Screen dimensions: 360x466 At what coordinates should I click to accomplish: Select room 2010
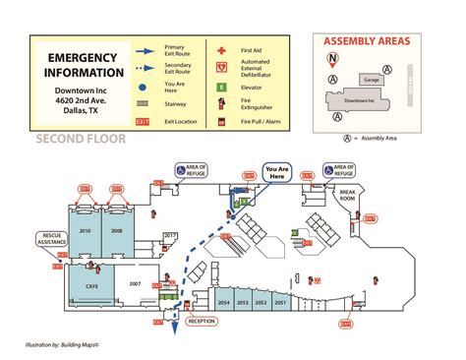(x=85, y=231)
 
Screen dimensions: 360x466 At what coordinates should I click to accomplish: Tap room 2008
(x=117, y=231)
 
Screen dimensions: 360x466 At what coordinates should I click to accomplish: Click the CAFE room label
(x=90, y=285)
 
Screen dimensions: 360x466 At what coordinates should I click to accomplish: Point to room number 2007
(x=136, y=283)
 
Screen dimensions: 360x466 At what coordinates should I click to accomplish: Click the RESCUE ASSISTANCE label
(x=51, y=239)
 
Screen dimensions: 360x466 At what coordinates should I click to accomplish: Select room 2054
(x=224, y=302)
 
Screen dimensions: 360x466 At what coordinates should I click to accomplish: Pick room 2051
(x=280, y=302)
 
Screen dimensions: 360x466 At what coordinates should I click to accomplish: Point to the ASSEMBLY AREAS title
(x=368, y=41)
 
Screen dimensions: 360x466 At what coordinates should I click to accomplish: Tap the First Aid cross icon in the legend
(x=222, y=48)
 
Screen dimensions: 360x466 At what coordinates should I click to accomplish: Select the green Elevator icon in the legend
(x=222, y=86)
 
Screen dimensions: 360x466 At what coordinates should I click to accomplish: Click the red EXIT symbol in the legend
(x=143, y=122)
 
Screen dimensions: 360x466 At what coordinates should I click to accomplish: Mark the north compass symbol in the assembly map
(x=333, y=58)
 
